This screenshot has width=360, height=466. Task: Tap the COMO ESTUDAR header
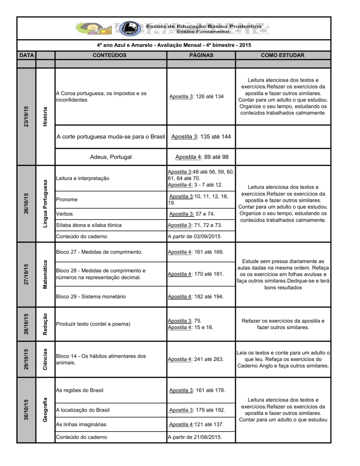[x=283, y=55]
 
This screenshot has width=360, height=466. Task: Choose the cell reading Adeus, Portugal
[x=110, y=157]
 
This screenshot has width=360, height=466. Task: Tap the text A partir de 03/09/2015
[x=194, y=237]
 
